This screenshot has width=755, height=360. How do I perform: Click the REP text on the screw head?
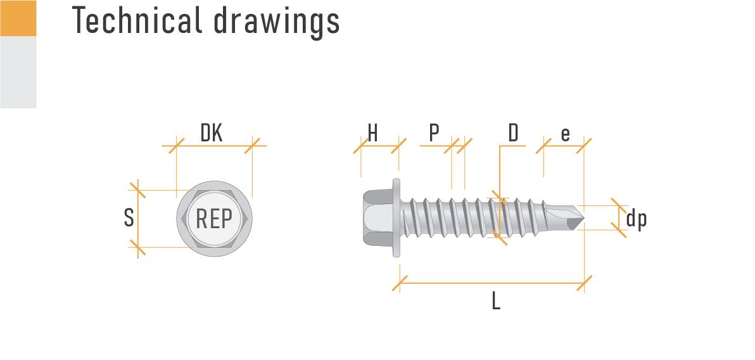(214, 219)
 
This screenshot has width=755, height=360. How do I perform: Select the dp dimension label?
(636, 219)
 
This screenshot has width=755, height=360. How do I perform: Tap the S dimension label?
(129, 218)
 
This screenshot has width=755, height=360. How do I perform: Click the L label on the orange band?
(496, 300)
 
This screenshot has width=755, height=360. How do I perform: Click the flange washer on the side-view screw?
(397, 218)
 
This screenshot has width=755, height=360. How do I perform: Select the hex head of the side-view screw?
(377, 218)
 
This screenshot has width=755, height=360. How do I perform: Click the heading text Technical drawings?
(206, 20)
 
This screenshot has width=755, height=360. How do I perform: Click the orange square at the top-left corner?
(18, 18)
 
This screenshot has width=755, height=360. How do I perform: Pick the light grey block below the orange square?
(18, 72)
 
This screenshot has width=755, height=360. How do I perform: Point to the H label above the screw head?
(372, 134)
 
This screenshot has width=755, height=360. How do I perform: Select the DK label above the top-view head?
(212, 132)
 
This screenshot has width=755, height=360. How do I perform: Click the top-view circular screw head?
(214, 219)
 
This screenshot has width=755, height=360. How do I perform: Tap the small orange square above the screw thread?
(496, 194)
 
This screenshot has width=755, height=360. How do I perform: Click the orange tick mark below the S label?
(138, 247)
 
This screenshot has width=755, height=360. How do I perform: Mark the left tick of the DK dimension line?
(177, 146)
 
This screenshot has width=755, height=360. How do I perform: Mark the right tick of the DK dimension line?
(252, 146)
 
